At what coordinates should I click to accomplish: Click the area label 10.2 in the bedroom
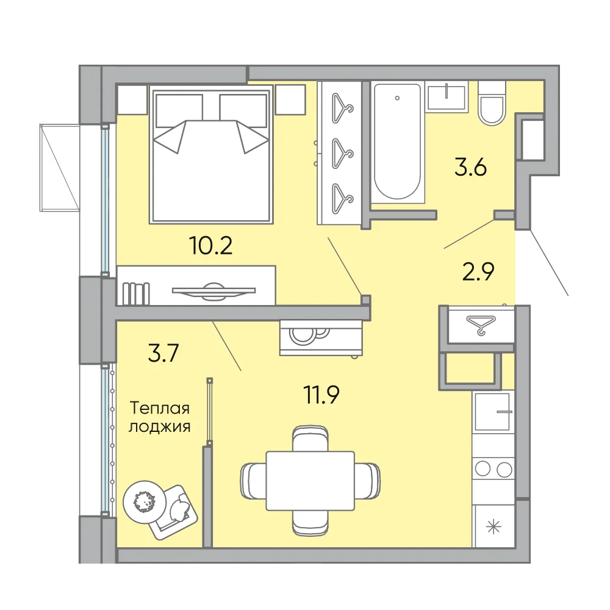point(211,245)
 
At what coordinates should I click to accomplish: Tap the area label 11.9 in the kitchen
point(321,395)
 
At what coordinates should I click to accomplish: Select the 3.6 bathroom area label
point(471,168)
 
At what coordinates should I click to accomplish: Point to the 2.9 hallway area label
point(478,271)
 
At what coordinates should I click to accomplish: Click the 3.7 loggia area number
point(163,353)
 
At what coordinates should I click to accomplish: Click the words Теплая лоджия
point(159,417)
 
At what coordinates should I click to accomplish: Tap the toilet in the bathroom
point(492,103)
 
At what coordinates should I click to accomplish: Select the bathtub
point(398,143)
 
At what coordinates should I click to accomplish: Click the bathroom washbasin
point(447,97)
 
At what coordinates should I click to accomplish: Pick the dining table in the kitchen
point(310,481)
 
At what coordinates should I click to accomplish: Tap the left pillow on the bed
point(179,111)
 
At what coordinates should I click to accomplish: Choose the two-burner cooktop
point(493,468)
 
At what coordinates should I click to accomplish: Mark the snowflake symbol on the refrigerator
point(493,528)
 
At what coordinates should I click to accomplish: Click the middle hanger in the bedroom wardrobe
point(342,154)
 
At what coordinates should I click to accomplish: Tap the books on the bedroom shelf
point(136,294)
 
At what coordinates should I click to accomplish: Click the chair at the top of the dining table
point(310,439)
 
